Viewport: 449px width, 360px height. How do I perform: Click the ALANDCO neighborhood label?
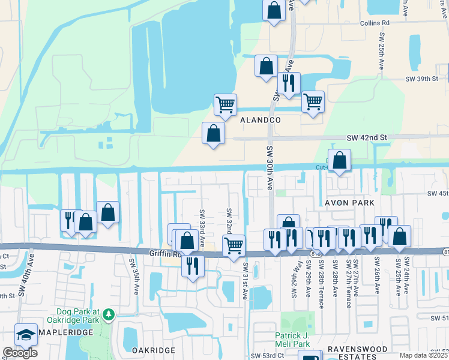point(261,120)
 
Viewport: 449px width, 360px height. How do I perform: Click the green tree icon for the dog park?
point(108,314)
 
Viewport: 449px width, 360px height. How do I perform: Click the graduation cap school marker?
point(26,335)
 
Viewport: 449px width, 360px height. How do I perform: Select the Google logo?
point(20,352)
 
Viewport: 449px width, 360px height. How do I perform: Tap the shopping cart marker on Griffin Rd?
point(234,245)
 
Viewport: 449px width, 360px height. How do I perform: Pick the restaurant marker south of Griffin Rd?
point(192,265)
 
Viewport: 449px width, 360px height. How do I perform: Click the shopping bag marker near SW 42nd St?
point(213,133)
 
